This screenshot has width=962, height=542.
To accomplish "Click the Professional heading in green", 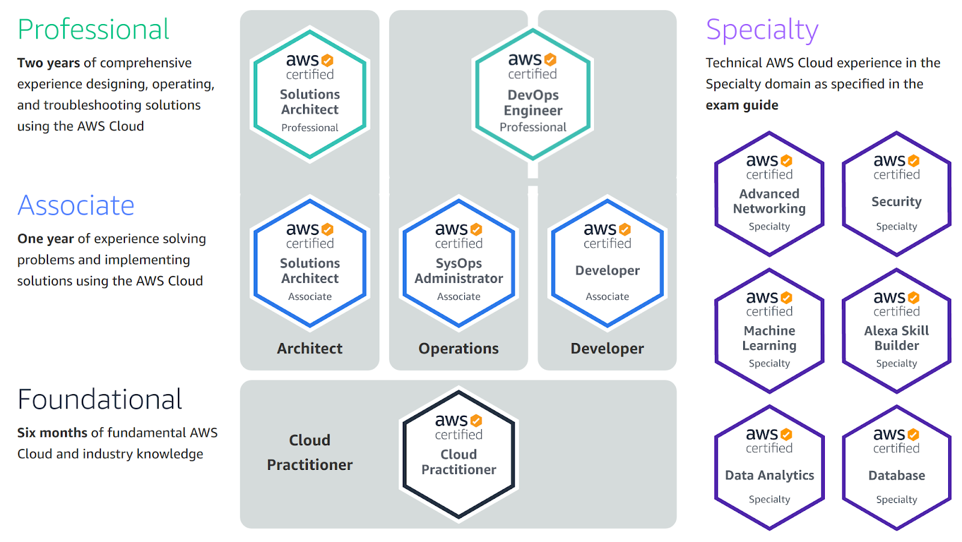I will point(93,29).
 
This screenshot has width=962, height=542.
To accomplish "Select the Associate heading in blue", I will point(76,206).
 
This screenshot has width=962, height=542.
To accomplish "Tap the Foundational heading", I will point(100,400).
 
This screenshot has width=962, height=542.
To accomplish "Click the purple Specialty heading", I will point(762,29).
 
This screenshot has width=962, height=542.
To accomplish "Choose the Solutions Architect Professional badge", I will point(310,94).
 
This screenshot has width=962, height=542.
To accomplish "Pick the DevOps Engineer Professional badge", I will point(533,94).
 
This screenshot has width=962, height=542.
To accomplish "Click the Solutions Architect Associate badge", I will point(310,263).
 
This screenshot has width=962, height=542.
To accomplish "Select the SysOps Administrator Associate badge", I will point(459,263).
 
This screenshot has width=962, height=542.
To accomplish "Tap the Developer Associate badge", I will point(607,263).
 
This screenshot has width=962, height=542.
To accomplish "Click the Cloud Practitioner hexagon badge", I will point(459,454).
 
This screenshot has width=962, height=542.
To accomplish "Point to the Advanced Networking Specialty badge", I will point(769,193).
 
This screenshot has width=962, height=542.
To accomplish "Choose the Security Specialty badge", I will point(896,193).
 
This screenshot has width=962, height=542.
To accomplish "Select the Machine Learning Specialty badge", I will point(769,330).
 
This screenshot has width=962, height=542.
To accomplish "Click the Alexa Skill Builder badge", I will point(896,330).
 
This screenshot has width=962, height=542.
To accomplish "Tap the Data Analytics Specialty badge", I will point(769,467).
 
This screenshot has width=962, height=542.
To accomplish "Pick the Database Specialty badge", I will point(896,467).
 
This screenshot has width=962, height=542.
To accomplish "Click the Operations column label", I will point(459,349).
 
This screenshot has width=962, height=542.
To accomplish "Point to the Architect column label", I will point(310,349).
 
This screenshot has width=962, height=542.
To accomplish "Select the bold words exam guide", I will point(742,105).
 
